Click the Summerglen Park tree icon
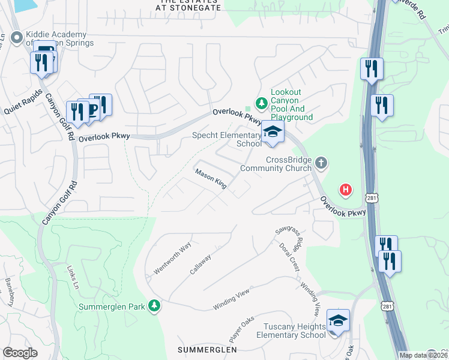click(x=155, y=306)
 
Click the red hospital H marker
click(x=345, y=190)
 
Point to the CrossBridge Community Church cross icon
click(x=322, y=162)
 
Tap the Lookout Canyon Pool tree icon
click(x=261, y=104)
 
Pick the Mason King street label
click(x=210, y=179)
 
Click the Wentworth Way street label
click(x=172, y=259)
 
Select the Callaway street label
click(x=200, y=265)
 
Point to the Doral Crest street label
click(x=289, y=257)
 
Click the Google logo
click(x=20, y=353)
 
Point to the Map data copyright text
click(x=424, y=355)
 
